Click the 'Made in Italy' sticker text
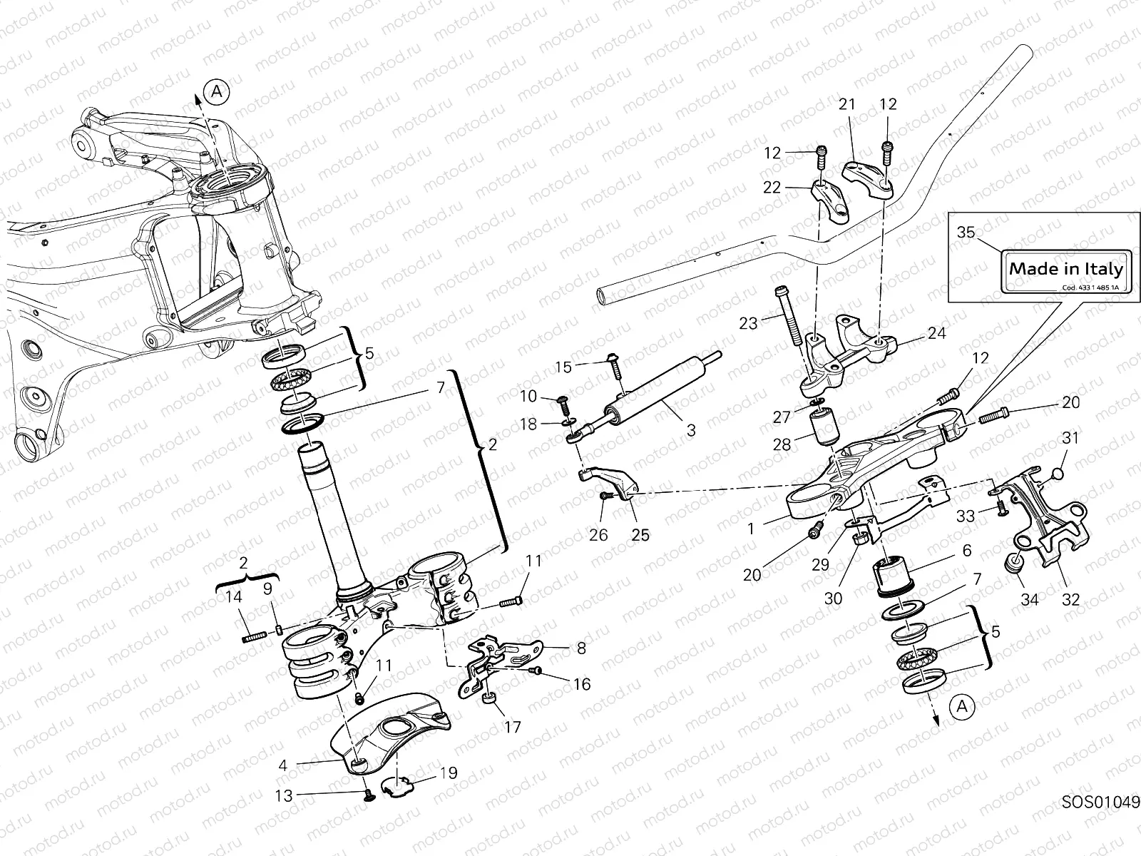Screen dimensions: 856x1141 click(1065, 269)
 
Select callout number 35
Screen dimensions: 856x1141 click(966, 233)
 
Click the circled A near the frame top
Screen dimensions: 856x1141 click(217, 91)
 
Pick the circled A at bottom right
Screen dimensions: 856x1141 click(962, 706)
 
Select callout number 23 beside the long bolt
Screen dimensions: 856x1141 click(747, 323)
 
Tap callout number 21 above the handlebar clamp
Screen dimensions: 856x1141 click(846, 104)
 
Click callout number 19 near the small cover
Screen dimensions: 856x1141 click(449, 773)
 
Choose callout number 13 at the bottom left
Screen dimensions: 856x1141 click(284, 796)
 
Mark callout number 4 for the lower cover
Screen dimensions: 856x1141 click(283, 765)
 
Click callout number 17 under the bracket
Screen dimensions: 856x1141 click(512, 728)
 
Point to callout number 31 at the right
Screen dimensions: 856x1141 click(1070, 438)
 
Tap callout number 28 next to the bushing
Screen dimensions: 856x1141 click(782, 444)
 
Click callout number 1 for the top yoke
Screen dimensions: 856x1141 click(750, 529)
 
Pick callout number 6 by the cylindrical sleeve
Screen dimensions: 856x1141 click(967, 551)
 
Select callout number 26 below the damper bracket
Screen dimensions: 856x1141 click(598, 534)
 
